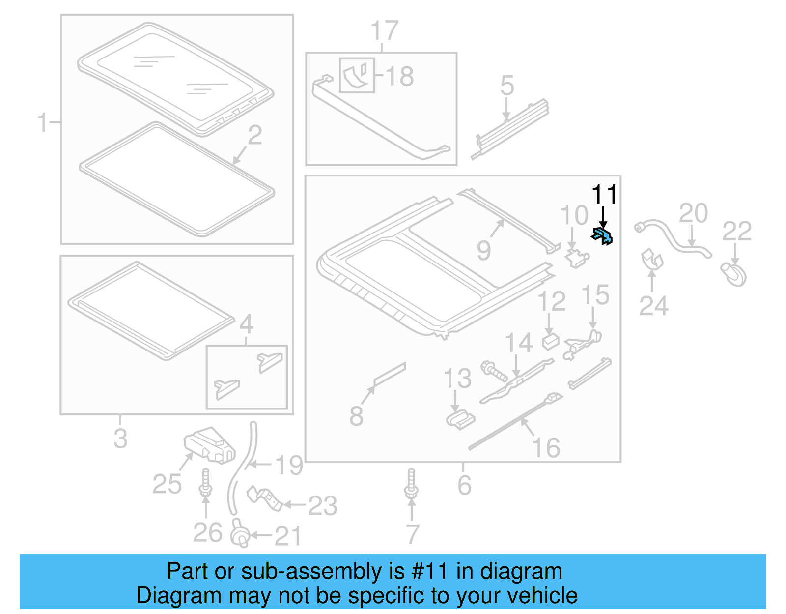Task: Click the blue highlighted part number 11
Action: (603, 236)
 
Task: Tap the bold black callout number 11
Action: (604, 195)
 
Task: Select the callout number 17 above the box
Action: (384, 31)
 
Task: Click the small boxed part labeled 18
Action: (357, 75)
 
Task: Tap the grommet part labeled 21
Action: (240, 534)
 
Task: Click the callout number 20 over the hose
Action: (693, 213)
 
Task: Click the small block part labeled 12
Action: (551, 341)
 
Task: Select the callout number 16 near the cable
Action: (546, 447)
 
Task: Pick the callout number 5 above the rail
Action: (507, 86)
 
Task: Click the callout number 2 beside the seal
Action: (254, 135)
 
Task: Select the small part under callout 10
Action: (577, 258)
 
